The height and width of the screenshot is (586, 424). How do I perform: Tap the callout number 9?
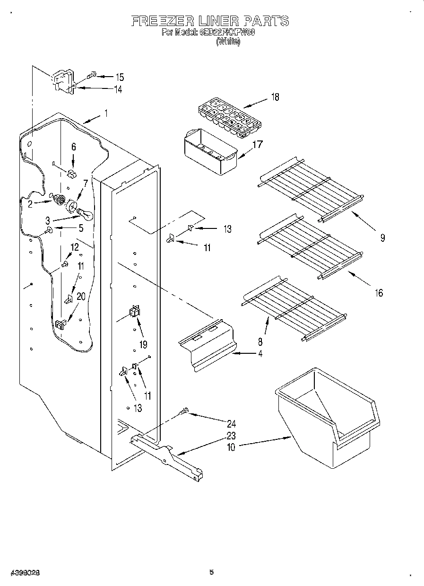coord(382,238)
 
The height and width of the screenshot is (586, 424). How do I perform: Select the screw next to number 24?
coord(185,411)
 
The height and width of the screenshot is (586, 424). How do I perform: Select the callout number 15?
coord(120,77)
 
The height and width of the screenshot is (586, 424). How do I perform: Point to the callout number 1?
coord(106,114)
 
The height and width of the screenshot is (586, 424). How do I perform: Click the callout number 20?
coord(81,297)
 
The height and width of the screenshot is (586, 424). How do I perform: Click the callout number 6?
coord(73,147)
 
